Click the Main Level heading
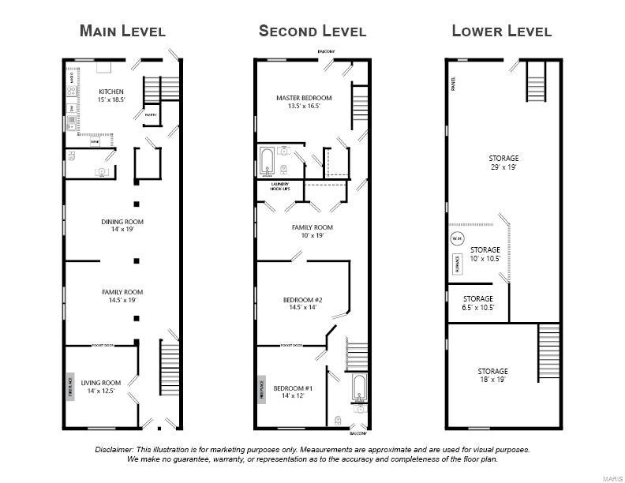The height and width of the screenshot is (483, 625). pos(122,32)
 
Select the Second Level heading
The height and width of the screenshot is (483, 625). pos(312,32)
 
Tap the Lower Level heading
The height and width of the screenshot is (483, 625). pos(501,32)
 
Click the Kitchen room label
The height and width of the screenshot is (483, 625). pos(110,95)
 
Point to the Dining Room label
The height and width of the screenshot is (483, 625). pos(122,226)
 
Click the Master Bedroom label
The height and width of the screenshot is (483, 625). pos(304,101)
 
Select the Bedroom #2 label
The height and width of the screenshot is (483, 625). pos(303,303)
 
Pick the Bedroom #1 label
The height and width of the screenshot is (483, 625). pos(294,391)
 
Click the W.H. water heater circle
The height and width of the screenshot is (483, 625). pos(457,238)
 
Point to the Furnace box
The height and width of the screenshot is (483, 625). pos(458,264)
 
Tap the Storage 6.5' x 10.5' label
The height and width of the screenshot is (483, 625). pos(477,303)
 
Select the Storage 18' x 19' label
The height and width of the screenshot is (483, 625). pos(492,375)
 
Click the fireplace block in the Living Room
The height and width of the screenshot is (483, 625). pos(69,388)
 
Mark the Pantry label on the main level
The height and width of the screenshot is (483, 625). pos(150,115)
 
